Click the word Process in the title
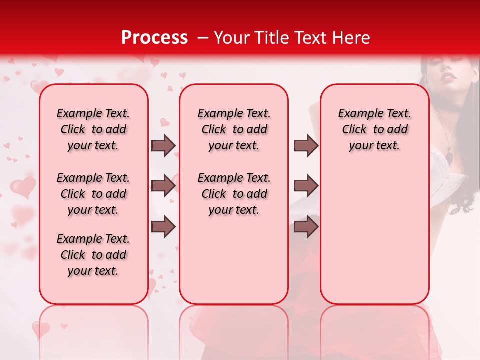point(154,38)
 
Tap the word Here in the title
point(352,38)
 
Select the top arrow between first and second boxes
point(163,145)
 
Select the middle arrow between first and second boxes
point(163,186)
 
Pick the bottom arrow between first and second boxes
point(163,227)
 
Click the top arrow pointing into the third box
point(306,145)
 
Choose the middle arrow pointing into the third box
point(306,186)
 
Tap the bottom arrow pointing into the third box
point(306,227)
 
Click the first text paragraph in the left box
point(93,129)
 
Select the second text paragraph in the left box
point(93,194)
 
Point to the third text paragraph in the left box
point(93,255)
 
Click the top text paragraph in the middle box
point(234,129)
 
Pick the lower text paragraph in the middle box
point(234,194)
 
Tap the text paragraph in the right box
point(374,129)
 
